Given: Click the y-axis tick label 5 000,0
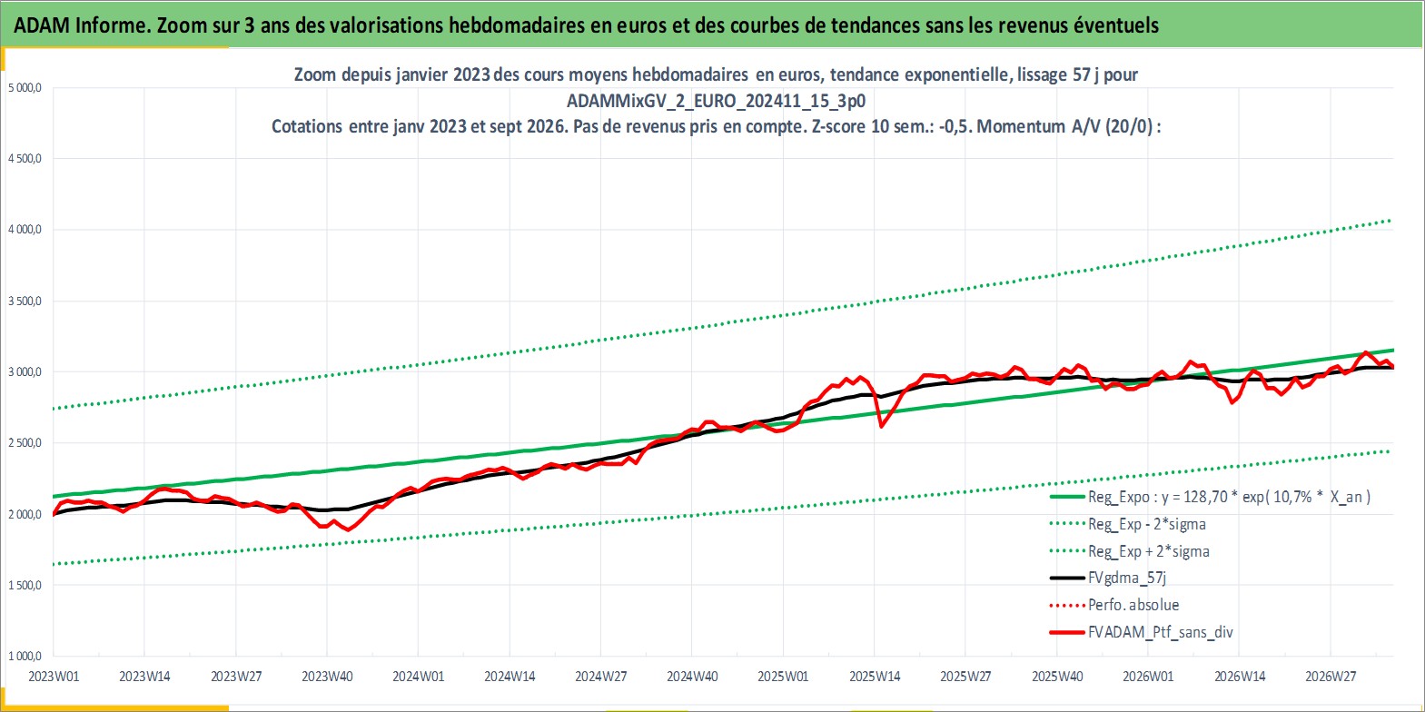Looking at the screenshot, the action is pos(25,88).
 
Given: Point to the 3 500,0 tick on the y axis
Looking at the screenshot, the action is pos(25,301).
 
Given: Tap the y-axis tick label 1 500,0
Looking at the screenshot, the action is pos(25,586).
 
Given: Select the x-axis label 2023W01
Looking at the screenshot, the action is pos(54,677).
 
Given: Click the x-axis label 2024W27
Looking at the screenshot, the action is pos(600,677).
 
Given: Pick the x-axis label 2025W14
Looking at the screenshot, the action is pos(874,677).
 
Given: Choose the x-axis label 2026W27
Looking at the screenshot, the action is pos(1331,677).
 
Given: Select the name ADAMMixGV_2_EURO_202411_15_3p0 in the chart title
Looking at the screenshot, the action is pos(716,101).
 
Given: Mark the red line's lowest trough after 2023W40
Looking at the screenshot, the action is pos(348,529).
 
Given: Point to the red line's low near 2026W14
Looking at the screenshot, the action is pos(1232,402).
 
